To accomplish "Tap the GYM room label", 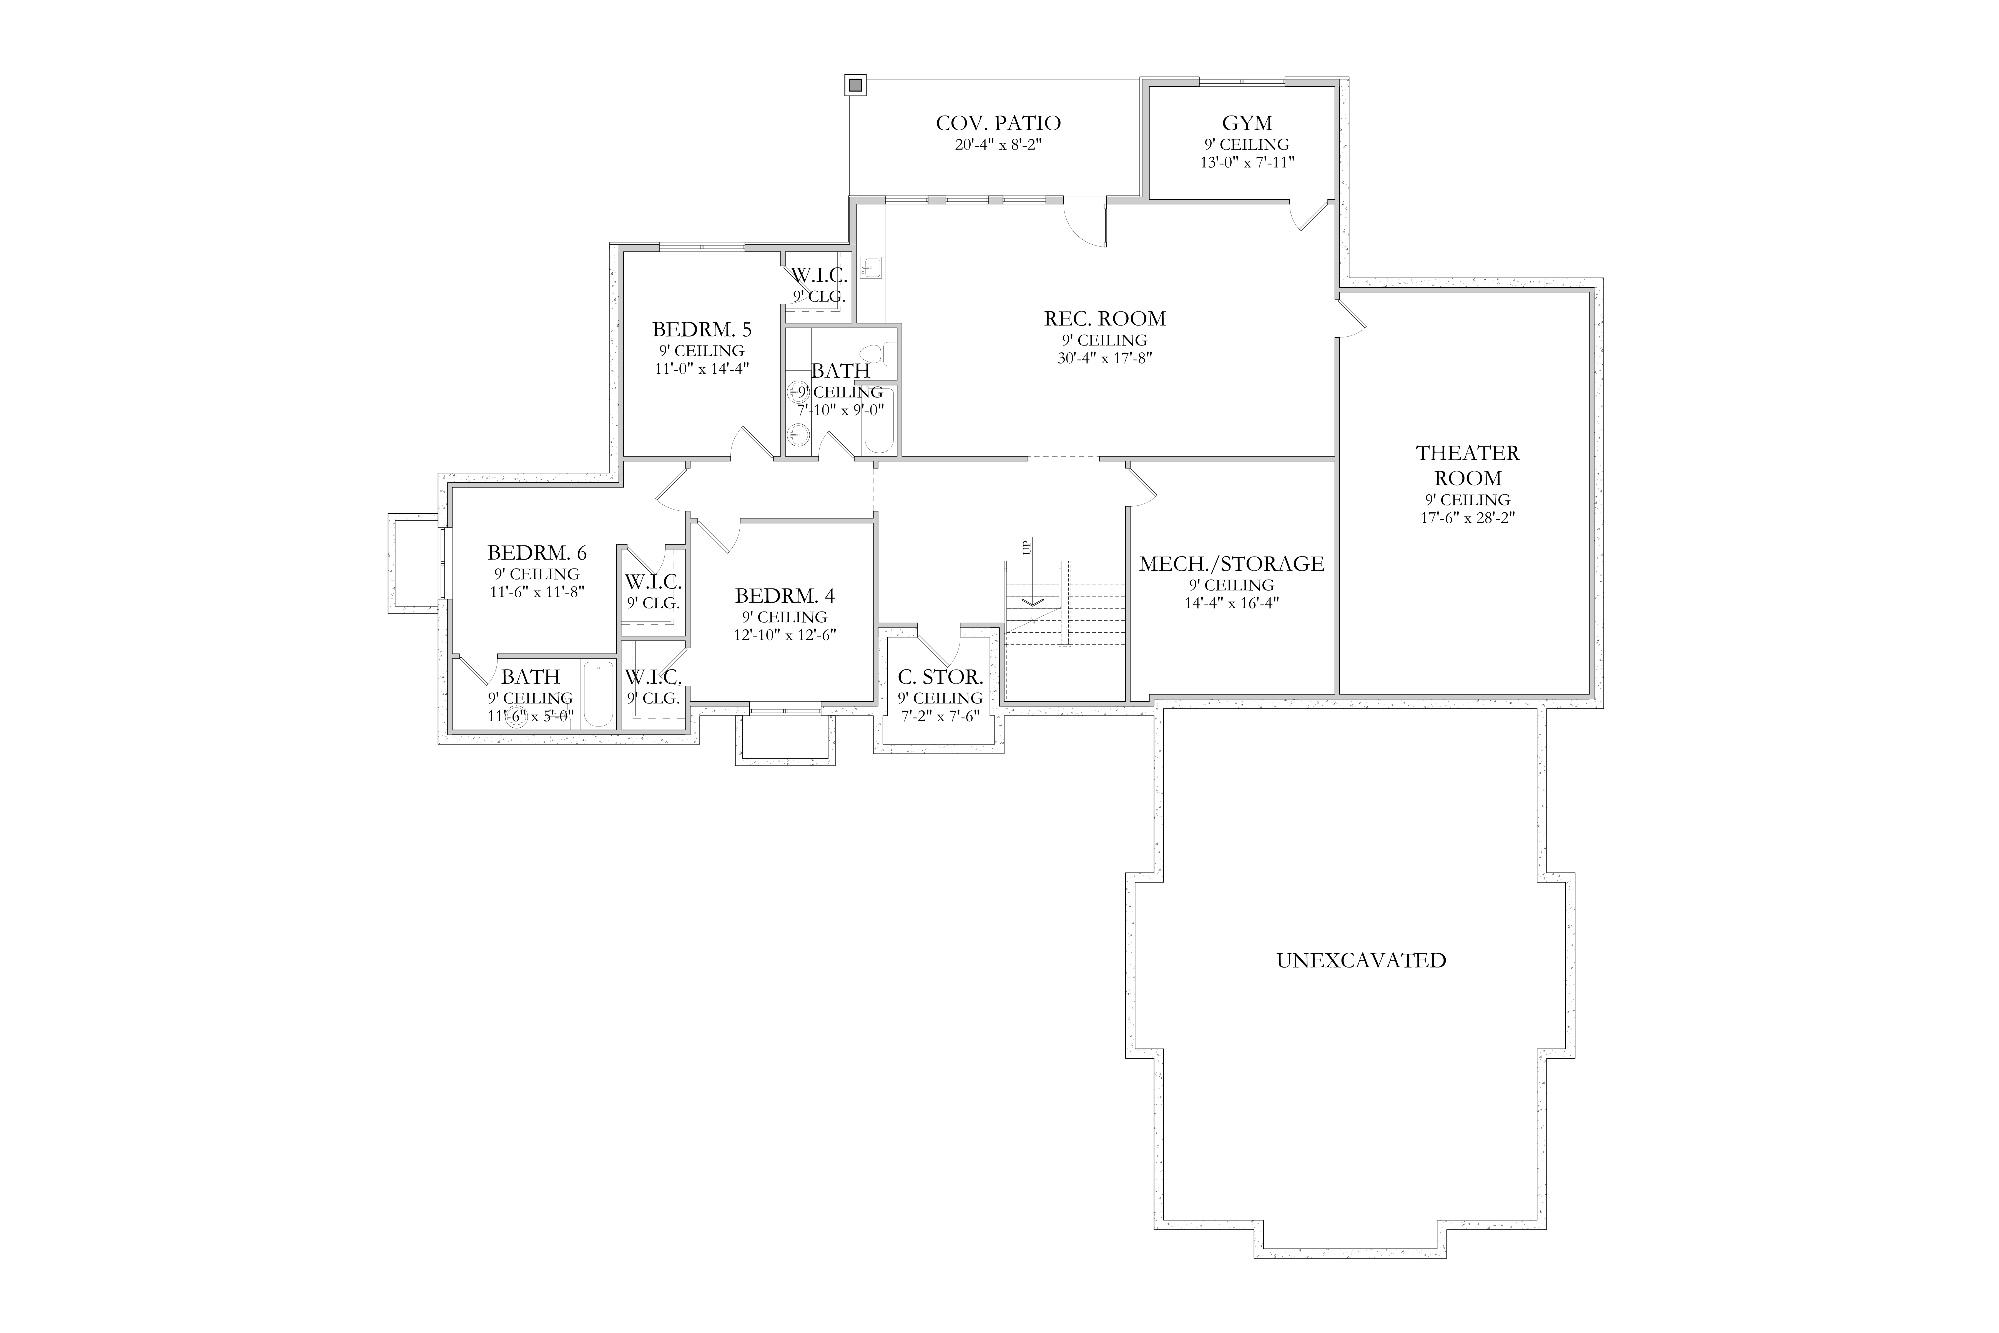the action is [1247, 123].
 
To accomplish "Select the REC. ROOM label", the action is [1105, 319].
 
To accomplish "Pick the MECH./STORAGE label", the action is [1232, 564].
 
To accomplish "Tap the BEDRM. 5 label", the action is [702, 329].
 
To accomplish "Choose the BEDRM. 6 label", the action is [537, 553].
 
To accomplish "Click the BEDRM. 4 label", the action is [785, 595].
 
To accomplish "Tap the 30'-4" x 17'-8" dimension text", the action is [1105, 358].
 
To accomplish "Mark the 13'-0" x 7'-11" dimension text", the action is [1247, 162].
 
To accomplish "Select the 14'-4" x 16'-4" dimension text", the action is [1232, 603].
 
